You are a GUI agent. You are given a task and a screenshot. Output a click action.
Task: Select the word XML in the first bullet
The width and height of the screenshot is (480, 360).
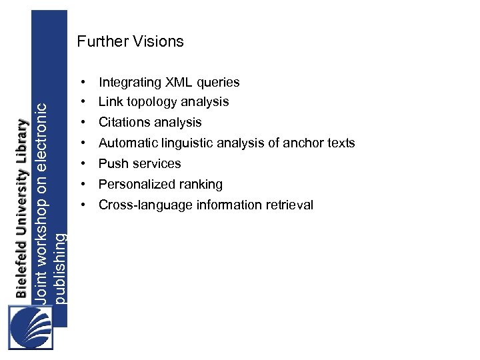pos(174,83)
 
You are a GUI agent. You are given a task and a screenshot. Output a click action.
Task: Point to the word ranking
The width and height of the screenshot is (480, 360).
pos(201,185)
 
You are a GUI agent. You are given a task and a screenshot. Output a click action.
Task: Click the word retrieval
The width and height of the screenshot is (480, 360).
pos(287,205)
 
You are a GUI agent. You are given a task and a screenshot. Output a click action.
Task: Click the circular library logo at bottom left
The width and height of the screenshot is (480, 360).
pos(31,327)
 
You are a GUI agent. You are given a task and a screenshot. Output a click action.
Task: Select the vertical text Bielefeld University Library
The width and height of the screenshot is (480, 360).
pos(23,208)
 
